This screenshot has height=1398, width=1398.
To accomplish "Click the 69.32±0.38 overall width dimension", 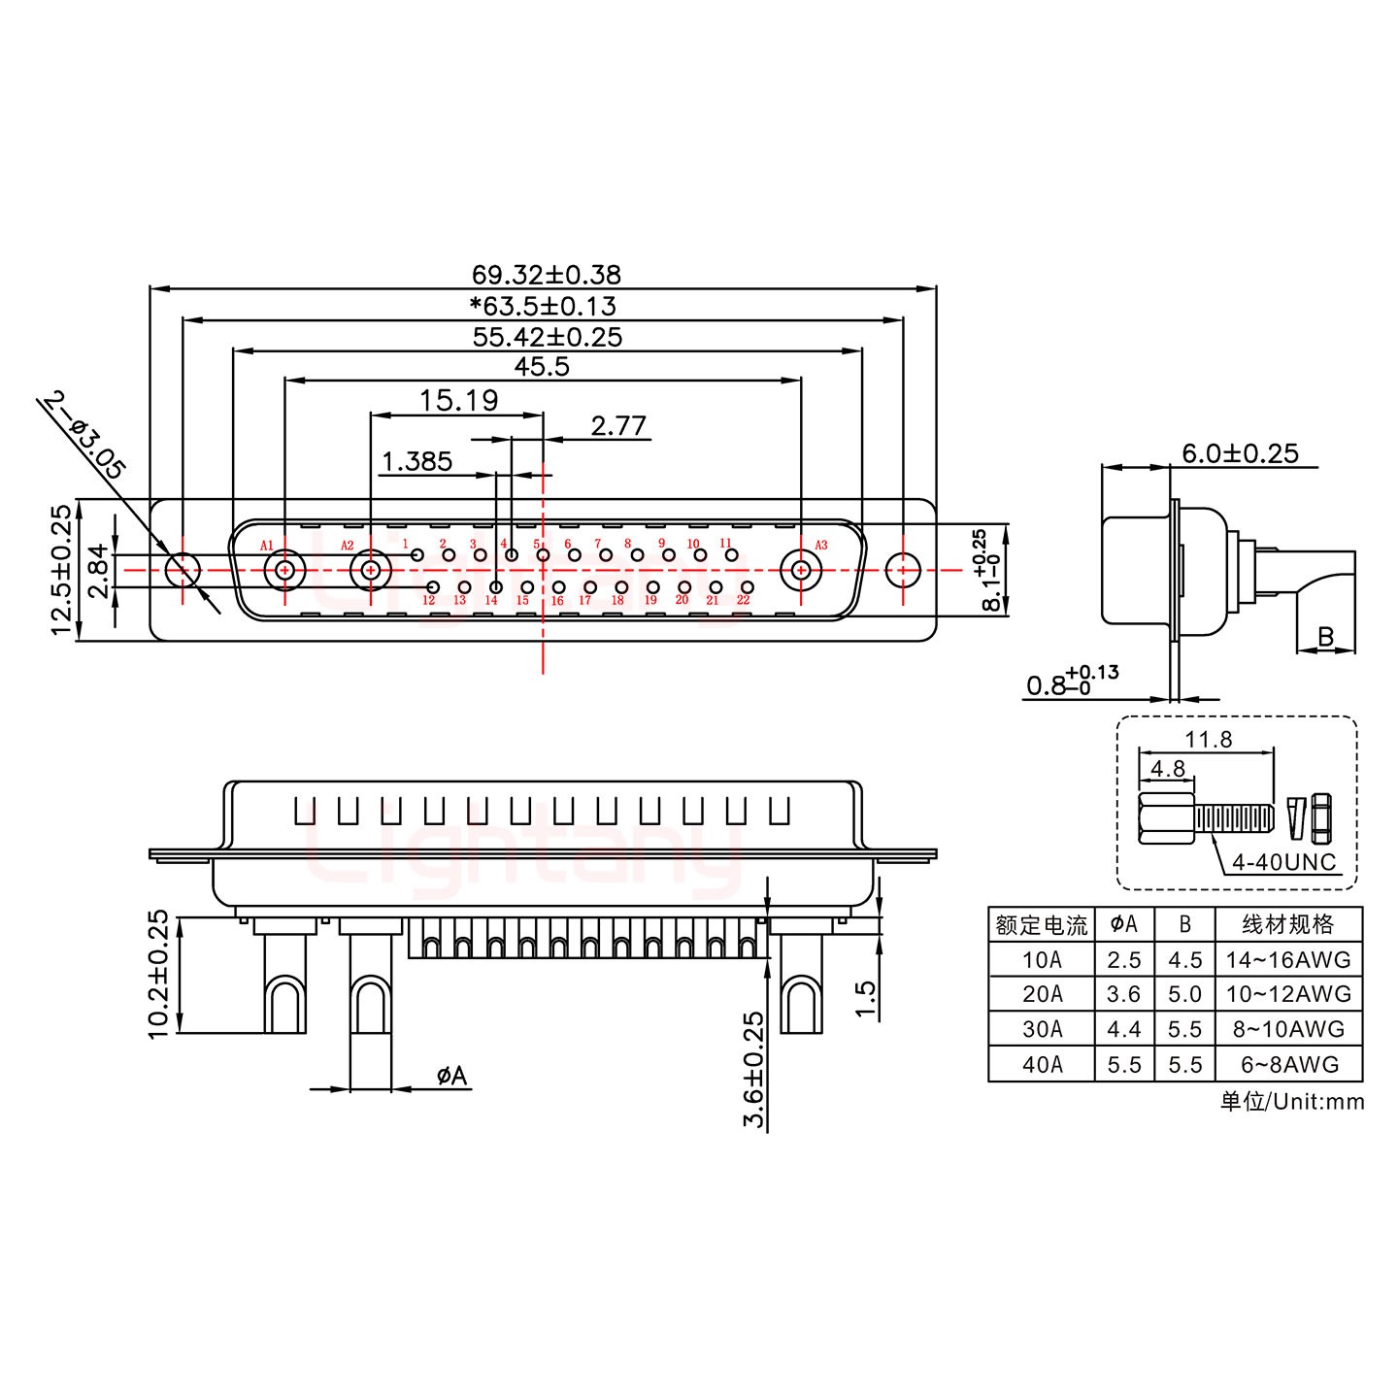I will [546, 275].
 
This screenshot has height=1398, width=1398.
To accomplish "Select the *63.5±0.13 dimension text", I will [543, 306].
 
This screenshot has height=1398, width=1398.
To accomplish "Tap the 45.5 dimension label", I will [542, 367].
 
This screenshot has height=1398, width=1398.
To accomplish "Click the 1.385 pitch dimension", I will [417, 461].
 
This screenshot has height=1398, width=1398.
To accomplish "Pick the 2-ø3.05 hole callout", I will [85, 436].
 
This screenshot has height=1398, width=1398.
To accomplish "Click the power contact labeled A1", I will [284, 570].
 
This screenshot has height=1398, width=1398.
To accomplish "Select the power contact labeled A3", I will [801, 570].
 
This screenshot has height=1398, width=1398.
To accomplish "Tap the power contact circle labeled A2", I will [369, 570].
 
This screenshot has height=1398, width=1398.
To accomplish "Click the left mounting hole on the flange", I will [182, 570].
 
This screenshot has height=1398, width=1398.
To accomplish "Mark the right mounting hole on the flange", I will [904, 570].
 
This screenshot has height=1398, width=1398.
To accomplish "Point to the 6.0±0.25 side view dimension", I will [1240, 453].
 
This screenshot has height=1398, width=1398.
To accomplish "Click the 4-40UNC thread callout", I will [1283, 862].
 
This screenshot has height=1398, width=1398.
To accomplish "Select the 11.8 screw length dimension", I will [1208, 740].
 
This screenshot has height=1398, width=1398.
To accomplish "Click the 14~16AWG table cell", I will [1288, 960].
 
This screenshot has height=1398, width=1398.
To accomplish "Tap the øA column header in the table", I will [1123, 924].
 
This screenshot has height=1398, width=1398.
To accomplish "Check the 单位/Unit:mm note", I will [1291, 1101].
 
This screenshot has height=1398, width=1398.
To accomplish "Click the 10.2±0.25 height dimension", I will [159, 974].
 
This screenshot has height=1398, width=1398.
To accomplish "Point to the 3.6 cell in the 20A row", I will [1123, 994].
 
